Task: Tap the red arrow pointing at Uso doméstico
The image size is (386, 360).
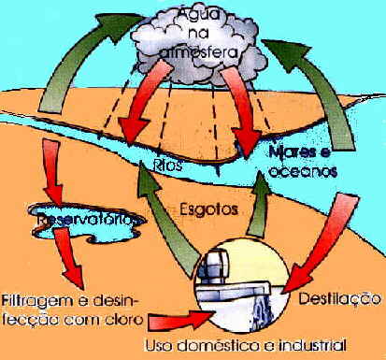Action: (168, 321)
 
